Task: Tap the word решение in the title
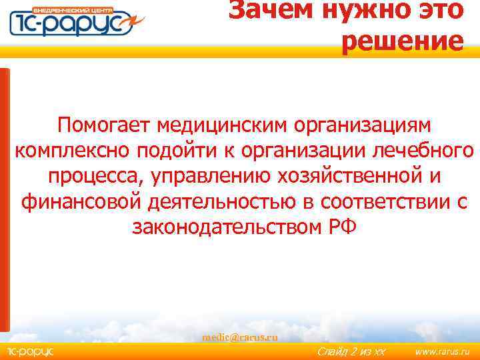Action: [402, 41]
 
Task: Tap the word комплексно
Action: [72, 151]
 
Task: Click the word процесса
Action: [95, 177]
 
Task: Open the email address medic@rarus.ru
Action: [240, 337]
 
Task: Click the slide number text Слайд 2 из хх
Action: [351, 351]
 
